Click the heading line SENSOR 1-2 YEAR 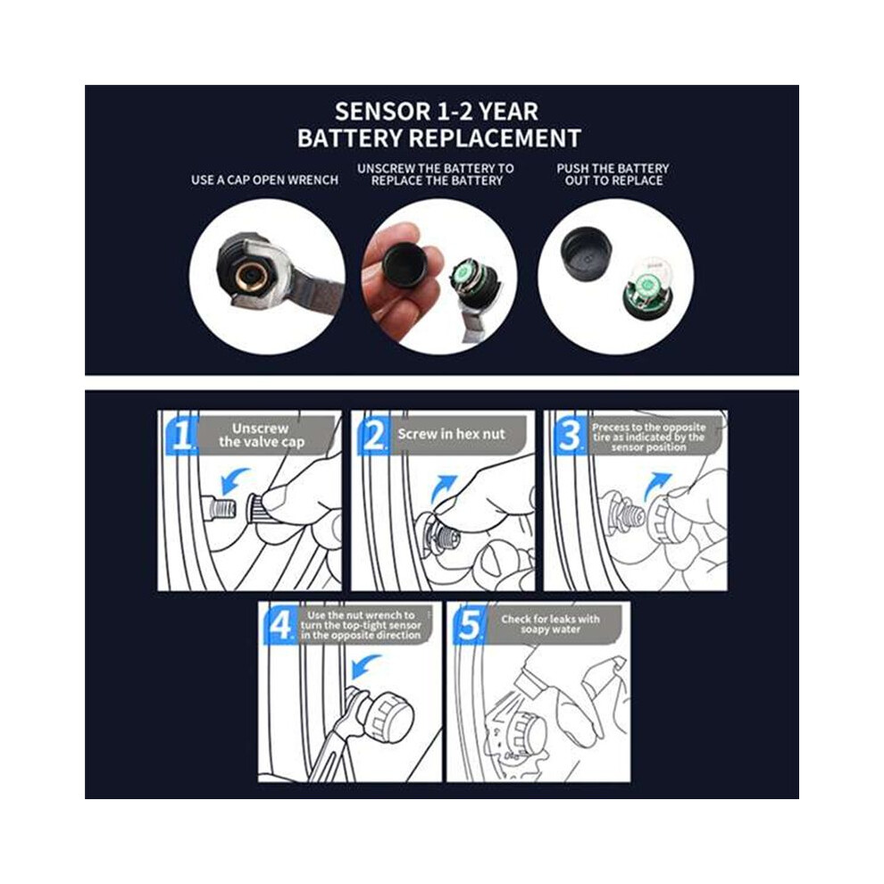[x=437, y=111]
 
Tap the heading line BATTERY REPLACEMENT [x=439, y=138]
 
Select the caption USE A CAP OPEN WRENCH [x=264, y=180]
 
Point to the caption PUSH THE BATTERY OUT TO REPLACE [x=613, y=175]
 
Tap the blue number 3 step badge [x=570, y=435]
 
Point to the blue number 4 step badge [x=280, y=625]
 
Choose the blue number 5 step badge [x=470, y=625]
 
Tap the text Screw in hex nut [x=451, y=434]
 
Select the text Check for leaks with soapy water [x=550, y=623]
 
